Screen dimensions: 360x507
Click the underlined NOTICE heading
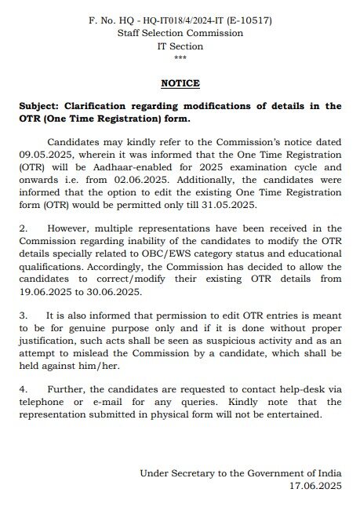180,83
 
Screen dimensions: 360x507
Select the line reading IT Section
180,46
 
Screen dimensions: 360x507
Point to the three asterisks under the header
180,59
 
